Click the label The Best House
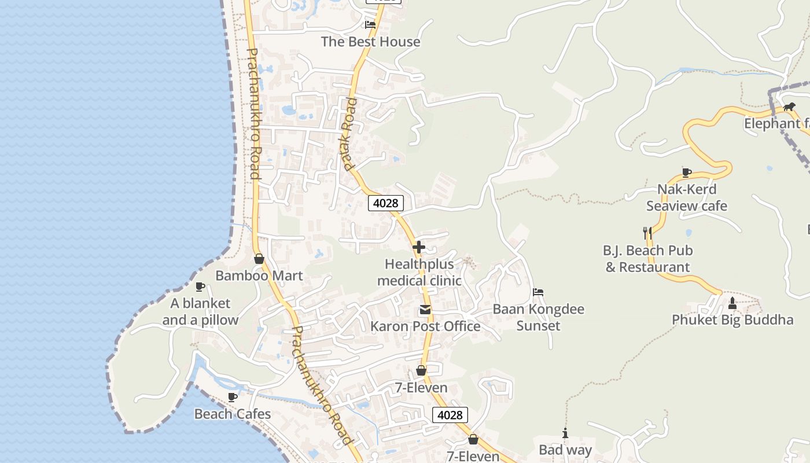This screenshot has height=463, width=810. tap(370, 42)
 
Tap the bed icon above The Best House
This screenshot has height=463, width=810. tap(370, 25)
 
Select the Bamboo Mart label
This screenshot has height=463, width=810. tap(259, 275)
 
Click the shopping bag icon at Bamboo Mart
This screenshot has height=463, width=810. tap(259, 259)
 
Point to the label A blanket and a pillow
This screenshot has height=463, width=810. tap(200, 311)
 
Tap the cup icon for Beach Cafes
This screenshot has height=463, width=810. tap(233, 397)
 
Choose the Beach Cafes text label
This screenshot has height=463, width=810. tap(233, 414)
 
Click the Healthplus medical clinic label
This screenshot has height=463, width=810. tap(419, 272)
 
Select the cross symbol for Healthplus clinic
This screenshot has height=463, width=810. tap(419, 247)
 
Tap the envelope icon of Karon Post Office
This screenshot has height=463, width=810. tap(425, 310)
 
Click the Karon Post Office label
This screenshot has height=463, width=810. tap(425, 326)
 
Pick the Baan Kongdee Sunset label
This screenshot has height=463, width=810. tap(538, 317)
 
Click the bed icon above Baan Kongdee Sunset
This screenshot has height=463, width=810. tap(538, 292)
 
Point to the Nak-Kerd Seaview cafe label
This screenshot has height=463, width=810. tap(687, 197)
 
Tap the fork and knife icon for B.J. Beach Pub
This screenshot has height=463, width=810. tap(647, 233)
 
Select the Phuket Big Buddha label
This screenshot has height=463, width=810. tap(732, 319)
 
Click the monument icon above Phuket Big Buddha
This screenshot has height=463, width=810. tap(732, 303)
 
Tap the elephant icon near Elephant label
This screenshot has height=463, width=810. tap(789, 106)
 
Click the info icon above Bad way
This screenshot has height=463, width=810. tap(565, 433)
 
